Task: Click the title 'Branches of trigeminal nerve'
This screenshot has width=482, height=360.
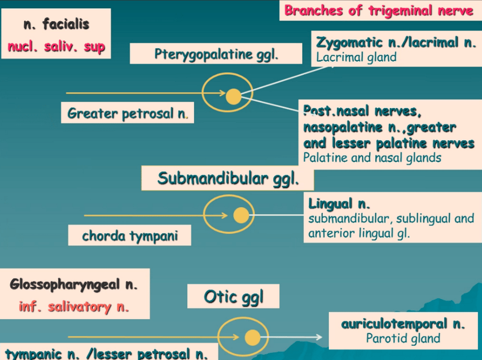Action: coord(378,11)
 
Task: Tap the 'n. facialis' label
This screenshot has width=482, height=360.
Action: coord(56,24)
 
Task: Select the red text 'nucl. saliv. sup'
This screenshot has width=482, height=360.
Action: coord(56,47)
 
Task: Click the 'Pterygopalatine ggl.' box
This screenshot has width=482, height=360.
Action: coord(216,54)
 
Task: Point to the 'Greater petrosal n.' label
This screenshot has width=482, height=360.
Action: coord(127,113)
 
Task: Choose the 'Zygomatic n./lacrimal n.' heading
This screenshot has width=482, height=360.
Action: coord(396,43)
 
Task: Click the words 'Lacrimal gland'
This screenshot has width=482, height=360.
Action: coord(356,58)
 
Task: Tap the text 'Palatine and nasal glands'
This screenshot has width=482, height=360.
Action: coord(372,157)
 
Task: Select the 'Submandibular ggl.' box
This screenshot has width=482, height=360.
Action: coord(228,179)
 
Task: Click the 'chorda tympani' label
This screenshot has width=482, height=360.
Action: coord(130,235)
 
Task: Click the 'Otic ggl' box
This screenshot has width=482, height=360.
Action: coord(233,296)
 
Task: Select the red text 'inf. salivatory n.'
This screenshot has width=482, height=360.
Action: coord(74,307)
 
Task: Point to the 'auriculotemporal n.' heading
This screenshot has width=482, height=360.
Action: coord(403,323)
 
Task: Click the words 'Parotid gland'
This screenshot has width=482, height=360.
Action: coord(403,338)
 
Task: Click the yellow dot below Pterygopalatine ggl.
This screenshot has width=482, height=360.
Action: coord(233,97)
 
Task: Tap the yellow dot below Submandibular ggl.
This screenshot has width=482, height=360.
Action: coord(241,215)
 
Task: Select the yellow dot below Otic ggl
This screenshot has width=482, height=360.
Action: coord(252,337)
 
